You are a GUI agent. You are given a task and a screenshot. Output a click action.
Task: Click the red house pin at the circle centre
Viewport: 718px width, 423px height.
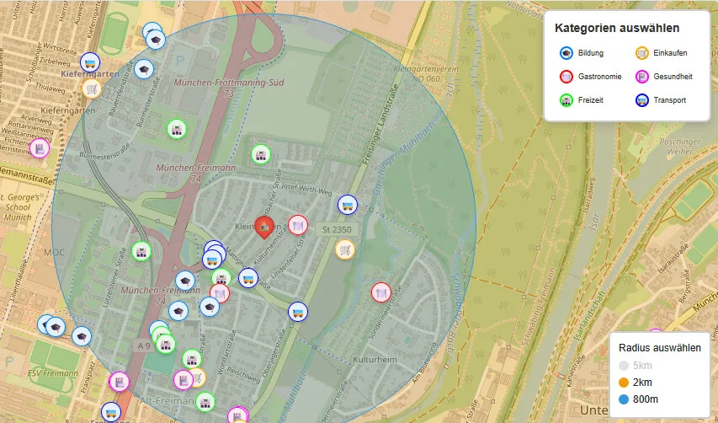pyautogui.click(x=264, y=226)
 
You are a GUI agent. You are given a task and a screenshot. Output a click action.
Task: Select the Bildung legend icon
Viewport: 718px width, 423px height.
pyautogui.click(x=567, y=53)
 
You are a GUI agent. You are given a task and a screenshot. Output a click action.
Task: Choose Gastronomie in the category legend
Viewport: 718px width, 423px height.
pyautogui.click(x=567, y=77)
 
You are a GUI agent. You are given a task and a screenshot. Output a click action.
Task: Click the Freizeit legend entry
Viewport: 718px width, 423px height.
pyautogui.click(x=567, y=100)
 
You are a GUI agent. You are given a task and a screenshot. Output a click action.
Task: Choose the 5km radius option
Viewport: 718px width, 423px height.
pyautogui.click(x=624, y=366)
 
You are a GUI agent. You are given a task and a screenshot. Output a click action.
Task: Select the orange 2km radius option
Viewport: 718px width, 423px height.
pyautogui.click(x=624, y=383)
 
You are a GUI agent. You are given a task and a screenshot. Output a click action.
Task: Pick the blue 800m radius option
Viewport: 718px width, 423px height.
pyautogui.click(x=624, y=399)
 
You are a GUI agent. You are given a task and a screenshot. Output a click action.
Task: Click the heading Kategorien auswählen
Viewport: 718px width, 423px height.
pyautogui.click(x=617, y=29)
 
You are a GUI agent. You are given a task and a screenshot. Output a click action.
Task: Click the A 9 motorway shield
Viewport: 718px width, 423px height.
pyautogui.click(x=144, y=345)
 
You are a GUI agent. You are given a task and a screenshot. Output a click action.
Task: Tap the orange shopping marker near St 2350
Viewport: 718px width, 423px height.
pyautogui.click(x=344, y=249)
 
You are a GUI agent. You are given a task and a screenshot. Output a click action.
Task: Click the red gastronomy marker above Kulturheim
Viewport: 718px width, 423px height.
pyautogui.click(x=381, y=292)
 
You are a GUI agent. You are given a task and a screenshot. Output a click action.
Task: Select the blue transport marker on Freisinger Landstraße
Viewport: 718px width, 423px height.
pyautogui.click(x=347, y=205)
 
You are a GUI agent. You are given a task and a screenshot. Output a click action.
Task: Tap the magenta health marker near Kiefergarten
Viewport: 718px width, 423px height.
pyautogui.click(x=39, y=148)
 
